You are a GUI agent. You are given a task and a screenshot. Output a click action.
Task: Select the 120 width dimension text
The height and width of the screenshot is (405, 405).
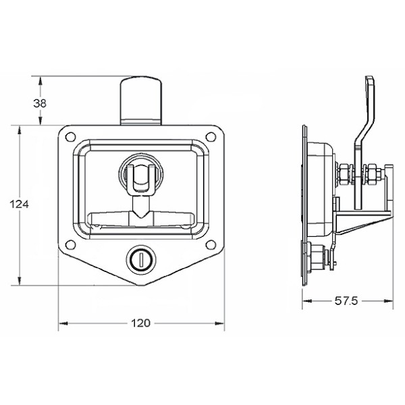(140, 323)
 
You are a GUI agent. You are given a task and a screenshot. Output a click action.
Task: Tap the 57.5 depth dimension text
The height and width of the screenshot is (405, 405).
(346, 301)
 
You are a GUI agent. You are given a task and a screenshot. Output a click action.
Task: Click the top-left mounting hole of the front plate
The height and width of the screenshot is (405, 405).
(70, 137)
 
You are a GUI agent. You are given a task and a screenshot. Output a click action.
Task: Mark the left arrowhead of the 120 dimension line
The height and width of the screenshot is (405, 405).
(61, 323)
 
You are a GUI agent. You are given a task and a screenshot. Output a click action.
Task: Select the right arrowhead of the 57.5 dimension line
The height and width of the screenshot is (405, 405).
(393, 301)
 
